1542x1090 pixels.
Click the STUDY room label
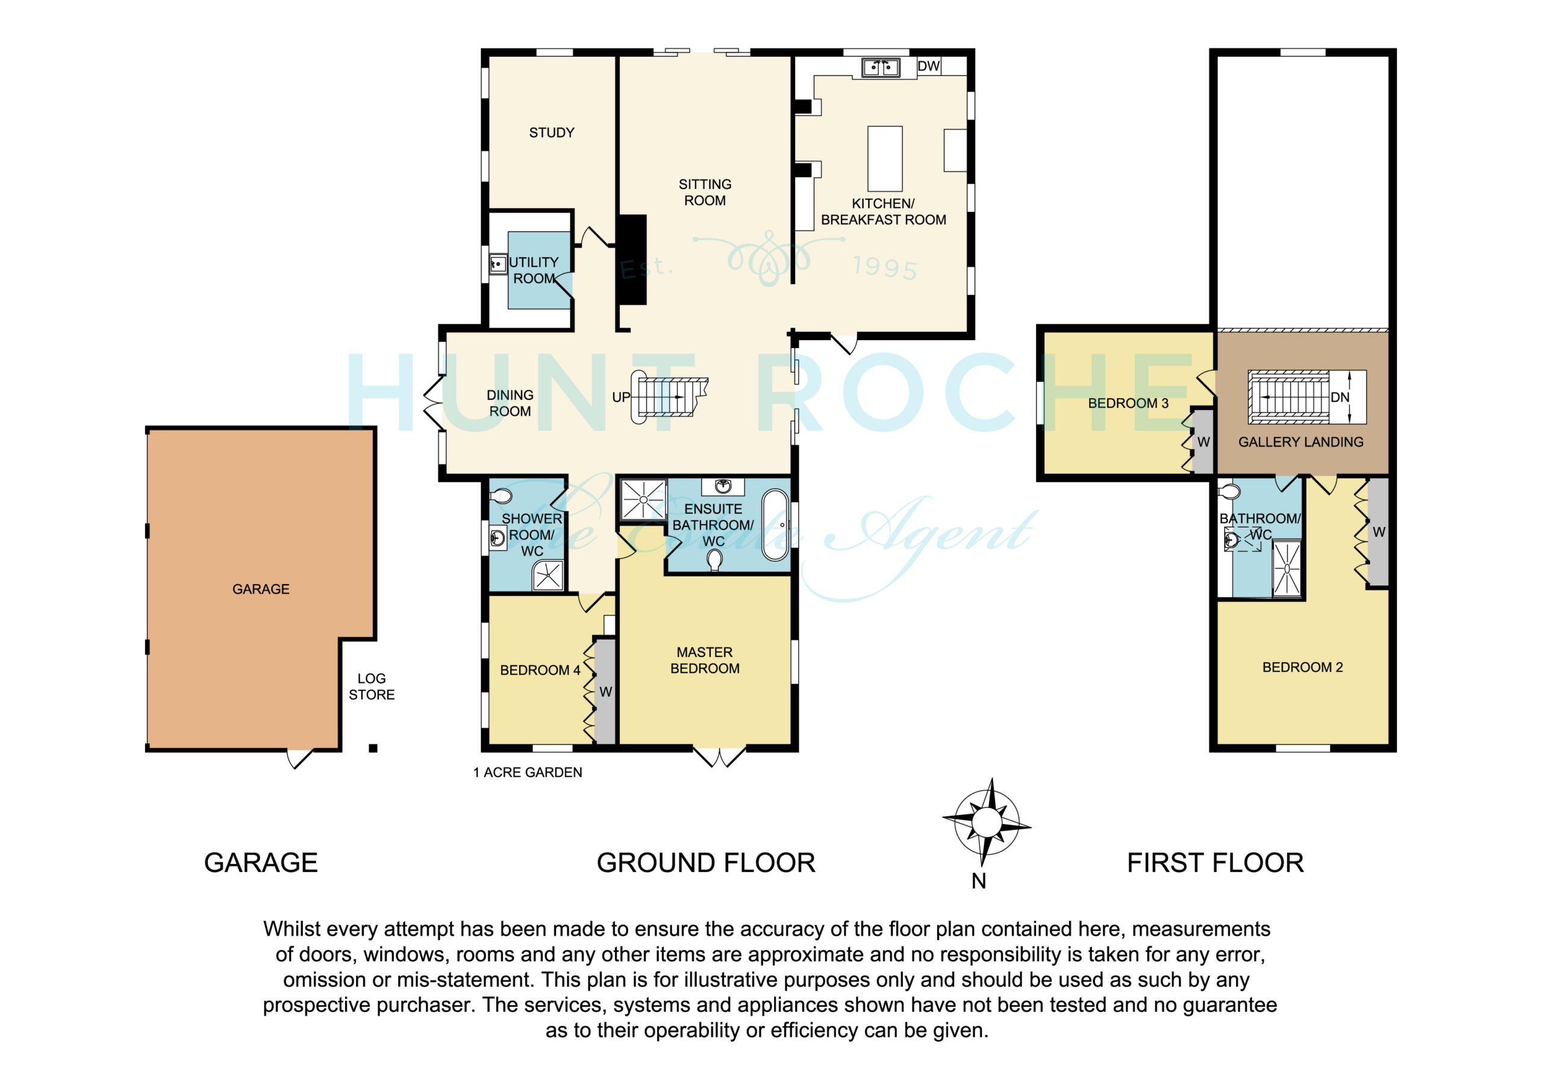coord(551,133)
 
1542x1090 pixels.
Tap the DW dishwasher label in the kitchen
coord(929,66)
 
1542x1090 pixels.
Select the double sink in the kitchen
coord(881,67)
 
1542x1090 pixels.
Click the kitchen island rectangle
coord(884,158)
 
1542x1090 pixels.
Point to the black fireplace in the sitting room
coord(631,260)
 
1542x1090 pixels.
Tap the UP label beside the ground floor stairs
coord(621,397)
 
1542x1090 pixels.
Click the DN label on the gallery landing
coord(1340,397)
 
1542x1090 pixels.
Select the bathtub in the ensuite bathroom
coord(775,525)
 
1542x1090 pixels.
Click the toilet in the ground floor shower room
coord(501,497)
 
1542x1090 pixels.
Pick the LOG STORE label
coord(372,687)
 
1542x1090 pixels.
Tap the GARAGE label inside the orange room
coord(261,589)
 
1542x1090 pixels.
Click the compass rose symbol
coord(987,822)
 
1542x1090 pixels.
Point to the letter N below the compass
coord(979,881)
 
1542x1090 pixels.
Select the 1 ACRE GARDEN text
coord(527,773)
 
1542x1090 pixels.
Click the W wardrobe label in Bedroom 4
coord(605,692)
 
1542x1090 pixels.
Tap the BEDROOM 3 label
coord(1128,403)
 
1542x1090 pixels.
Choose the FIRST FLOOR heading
coord(1215,863)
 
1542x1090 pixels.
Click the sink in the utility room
coord(498,264)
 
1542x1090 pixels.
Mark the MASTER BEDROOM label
coord(705,660)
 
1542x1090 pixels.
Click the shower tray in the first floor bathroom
coord(1287,568)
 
